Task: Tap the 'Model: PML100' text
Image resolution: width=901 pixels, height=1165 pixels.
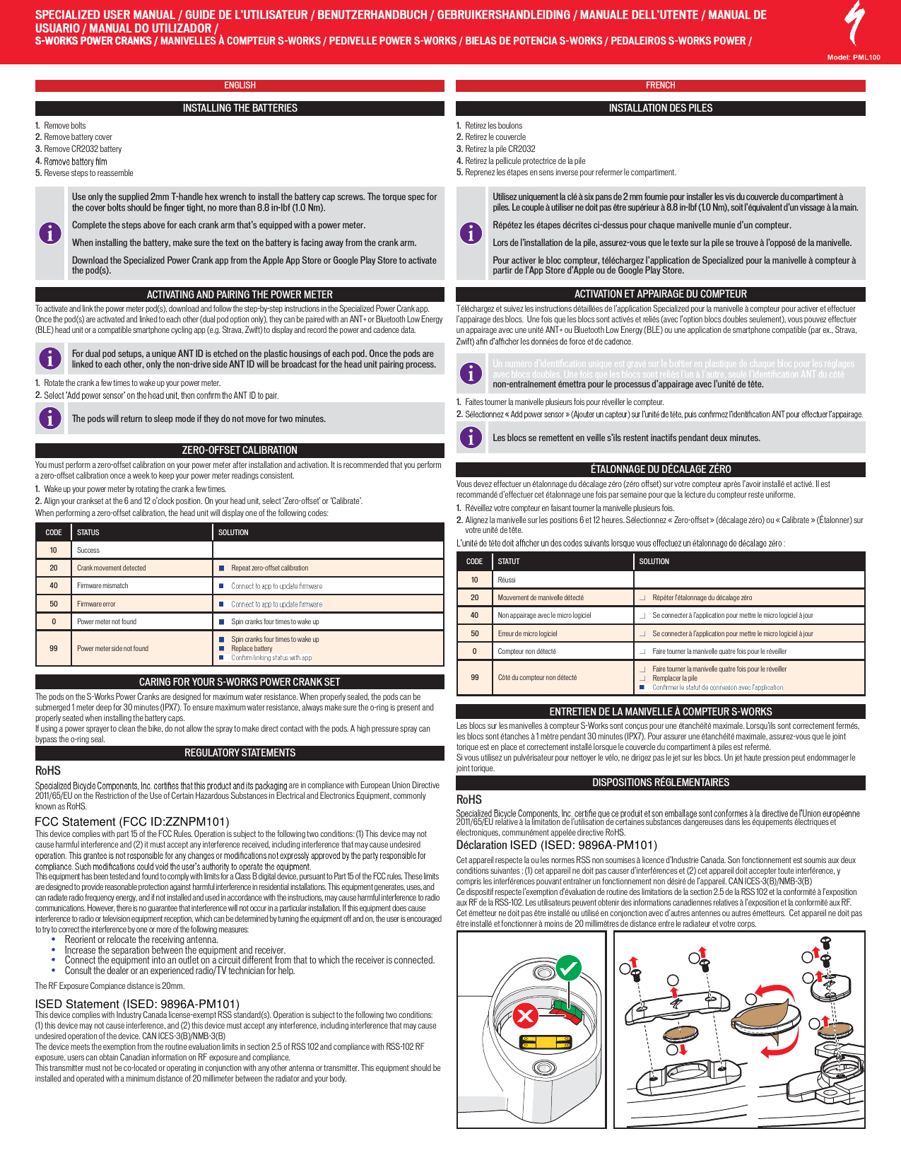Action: (x=854, y=57)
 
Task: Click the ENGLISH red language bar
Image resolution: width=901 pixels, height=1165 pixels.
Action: (x=240, y=86)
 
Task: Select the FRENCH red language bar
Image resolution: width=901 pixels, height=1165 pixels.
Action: (x=660, y=86)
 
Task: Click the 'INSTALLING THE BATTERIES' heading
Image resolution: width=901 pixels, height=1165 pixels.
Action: (x=240, y=108)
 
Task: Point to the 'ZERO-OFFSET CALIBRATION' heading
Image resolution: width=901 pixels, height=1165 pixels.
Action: (x=240, y=450)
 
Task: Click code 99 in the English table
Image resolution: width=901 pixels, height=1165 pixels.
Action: (x=54, y=648)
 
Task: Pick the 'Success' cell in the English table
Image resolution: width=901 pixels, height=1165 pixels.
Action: (x=88, y=550)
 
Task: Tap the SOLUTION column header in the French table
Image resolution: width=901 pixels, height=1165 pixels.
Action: (x=654, y=561)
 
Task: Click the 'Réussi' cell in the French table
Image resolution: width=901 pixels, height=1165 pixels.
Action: (x=507, y=580)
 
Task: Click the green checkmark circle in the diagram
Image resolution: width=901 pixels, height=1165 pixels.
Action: (x=568, y=968)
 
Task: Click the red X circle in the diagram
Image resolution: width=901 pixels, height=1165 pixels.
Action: (x=525, y=1017)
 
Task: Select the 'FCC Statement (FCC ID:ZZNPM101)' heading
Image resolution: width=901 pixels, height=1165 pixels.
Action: (x=132, y=821)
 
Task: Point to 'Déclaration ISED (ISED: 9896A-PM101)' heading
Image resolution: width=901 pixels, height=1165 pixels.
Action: (x=556, y=845)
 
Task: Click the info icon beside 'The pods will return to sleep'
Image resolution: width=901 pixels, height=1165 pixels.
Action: (x=49, y=418)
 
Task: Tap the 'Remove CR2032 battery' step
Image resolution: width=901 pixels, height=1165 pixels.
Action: (x=83, y=149)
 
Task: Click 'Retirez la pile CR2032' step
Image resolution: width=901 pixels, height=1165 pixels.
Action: (x=500, y=149)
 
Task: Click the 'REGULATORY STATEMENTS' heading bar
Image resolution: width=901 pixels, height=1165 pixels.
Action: (x=240, y=753)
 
